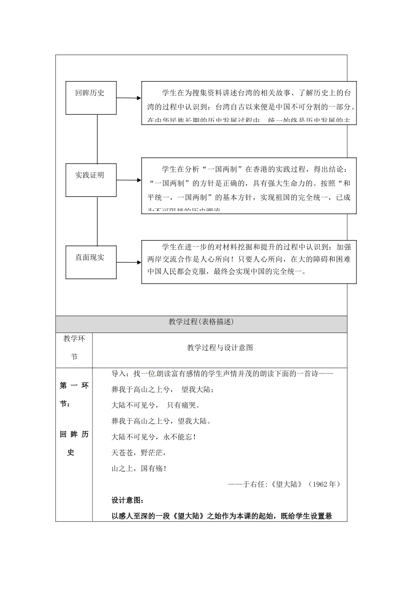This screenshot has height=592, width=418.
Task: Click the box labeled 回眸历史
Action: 91,98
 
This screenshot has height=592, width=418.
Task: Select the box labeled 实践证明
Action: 91,180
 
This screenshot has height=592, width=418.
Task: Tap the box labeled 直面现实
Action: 91,262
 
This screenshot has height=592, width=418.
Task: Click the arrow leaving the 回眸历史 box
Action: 129,98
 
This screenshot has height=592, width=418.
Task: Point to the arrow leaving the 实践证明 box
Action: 129,180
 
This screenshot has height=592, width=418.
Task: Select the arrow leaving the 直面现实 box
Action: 129,263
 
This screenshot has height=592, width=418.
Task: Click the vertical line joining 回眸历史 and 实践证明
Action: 97,139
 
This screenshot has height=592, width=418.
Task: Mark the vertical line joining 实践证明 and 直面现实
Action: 97,221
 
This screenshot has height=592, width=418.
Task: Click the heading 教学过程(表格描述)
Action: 201,322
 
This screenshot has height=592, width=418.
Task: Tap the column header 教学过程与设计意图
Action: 220,348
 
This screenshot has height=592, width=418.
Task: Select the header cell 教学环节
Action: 74,348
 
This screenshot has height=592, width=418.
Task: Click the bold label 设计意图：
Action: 127,500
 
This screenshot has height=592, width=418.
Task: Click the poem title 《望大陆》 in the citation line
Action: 287,484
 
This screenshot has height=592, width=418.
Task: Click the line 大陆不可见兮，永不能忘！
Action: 154,437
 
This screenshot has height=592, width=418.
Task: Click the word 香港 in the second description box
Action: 260,169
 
